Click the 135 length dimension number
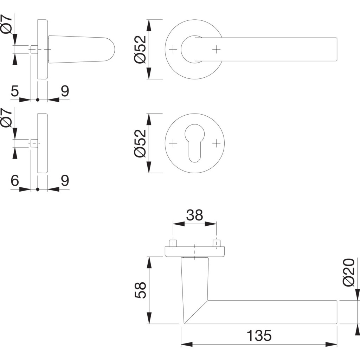[x=259, y=335]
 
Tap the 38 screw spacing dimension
[x=194, y=215]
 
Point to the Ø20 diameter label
[x=349, y=272]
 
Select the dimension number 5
[x=14, y=91]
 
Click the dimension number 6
[x=14, y=181]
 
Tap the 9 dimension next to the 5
[x=65, y=91]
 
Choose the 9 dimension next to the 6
[x=65, y=181]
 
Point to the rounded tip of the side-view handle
[x=112, y=50]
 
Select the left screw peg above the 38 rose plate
[x=173, y=243]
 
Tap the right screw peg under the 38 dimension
[x=216, y=243]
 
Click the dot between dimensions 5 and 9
[x=38, y=100]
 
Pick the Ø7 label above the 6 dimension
[x=7, y=118]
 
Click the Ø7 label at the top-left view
[x=7, y=24]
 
